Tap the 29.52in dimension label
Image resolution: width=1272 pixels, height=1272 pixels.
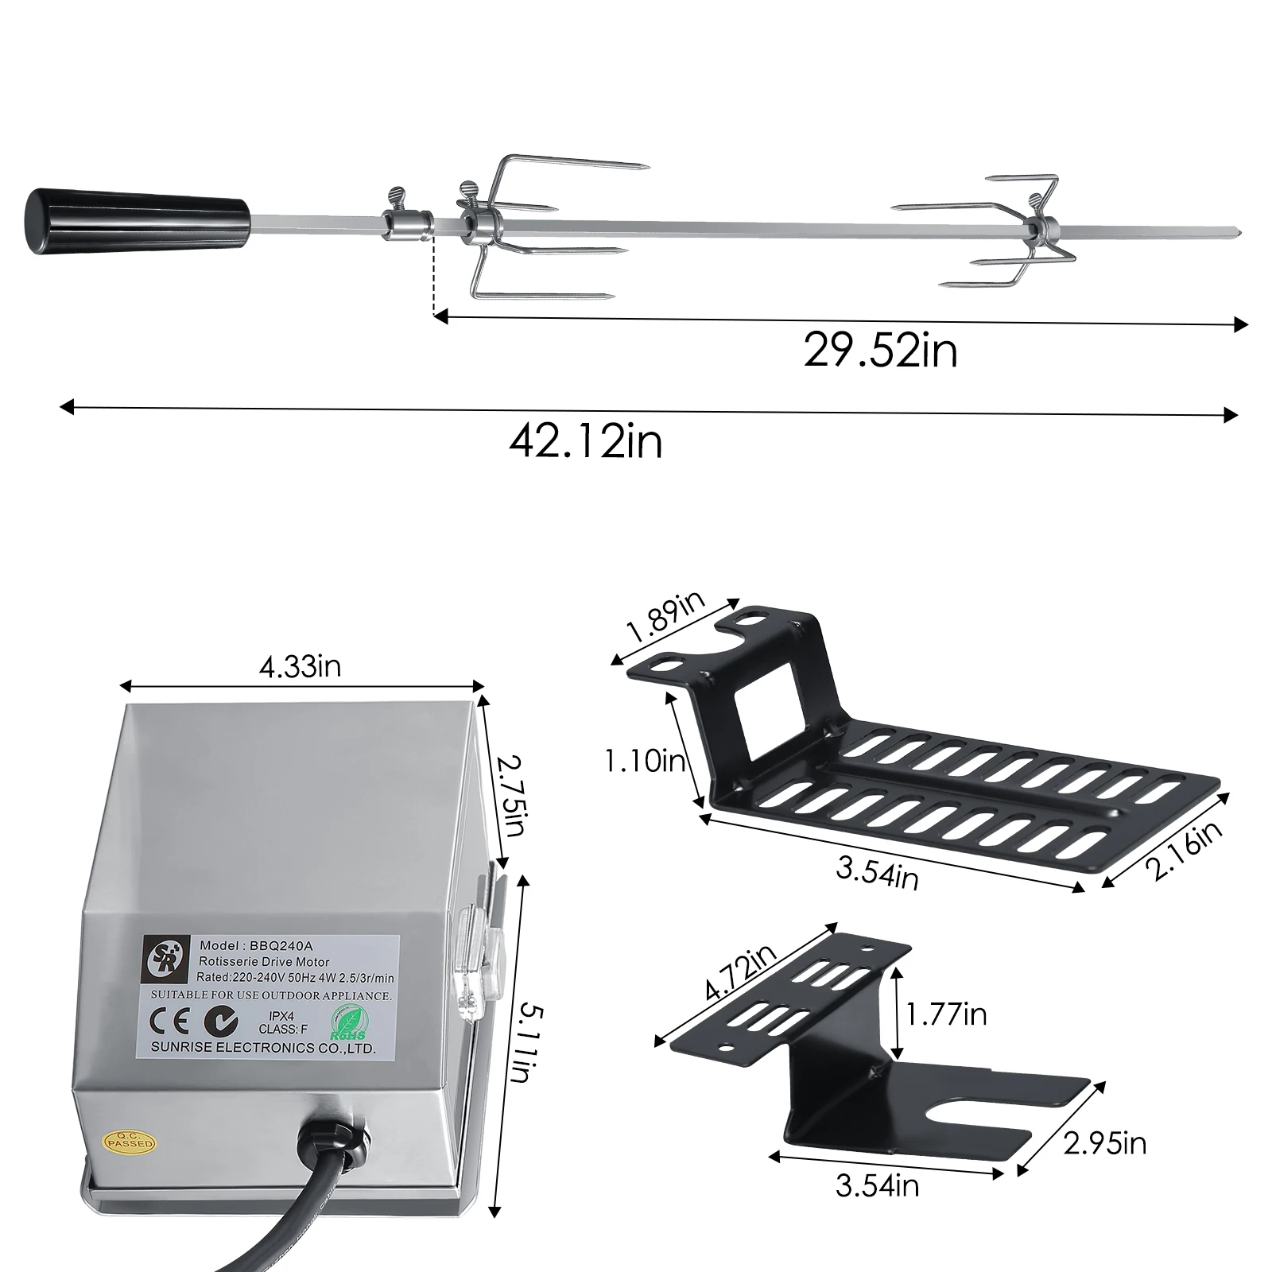click(x=880, y=350)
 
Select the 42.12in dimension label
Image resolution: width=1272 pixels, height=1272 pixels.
click(x=586, y=441)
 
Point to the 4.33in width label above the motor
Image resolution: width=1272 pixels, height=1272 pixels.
click(x=300, y=667)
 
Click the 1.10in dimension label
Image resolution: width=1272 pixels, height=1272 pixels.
click(x=645, y=762)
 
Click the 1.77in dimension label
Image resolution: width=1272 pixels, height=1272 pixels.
click(x=946, y=1014)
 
